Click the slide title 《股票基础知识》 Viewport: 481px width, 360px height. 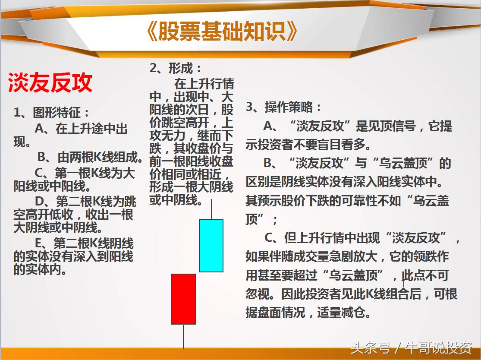pos(222,32)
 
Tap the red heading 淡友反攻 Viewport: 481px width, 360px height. pos(50,82)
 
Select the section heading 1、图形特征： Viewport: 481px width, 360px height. pos(52,113)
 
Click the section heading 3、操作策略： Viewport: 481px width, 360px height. pos(284,107)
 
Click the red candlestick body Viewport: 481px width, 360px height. pos(183,299)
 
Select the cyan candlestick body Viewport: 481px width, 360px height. pos(211,245)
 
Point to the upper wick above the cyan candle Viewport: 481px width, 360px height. pos(211,209)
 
